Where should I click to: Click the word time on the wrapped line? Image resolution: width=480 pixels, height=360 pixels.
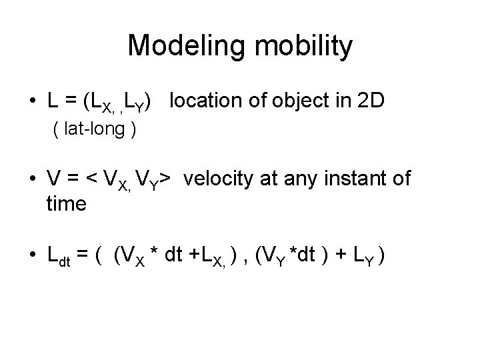(66, 204)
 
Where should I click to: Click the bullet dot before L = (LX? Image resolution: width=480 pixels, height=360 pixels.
(33, 102)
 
